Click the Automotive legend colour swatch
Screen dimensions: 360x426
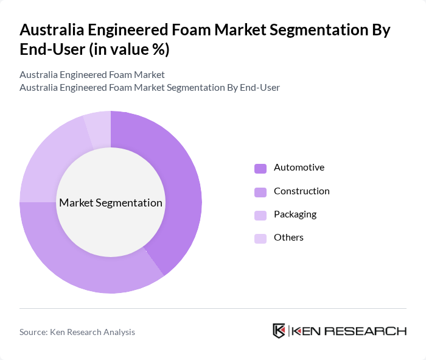pyautogui.click(x=260, y=168)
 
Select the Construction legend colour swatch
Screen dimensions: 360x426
pyautogui.click(x=260, y=192)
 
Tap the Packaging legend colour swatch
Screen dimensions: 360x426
pyautogui.click(x=260, y=215)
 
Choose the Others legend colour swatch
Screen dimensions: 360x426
pyautogui.click(x=260, y=238)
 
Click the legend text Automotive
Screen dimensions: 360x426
pyautogui.click(x=299, y=168)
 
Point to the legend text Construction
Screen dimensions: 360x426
pyautogui.click(x=301, y=191)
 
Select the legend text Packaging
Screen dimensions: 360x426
pyautogui.click(x=295, y=214)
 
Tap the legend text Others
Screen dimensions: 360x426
pyautogui.click(x=288, y=238)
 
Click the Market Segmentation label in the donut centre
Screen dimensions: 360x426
pyautogui.click(x=111, y=203)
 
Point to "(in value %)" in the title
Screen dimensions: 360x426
pyautogui.click(x=129, y=50)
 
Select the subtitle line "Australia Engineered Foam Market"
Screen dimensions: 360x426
pyautogui.click(x=92, y=75)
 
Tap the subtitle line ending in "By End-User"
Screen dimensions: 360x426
pyautogui.click(x=150, y=87)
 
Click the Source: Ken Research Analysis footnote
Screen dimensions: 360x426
pyautogui.click(x=77, y=332)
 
